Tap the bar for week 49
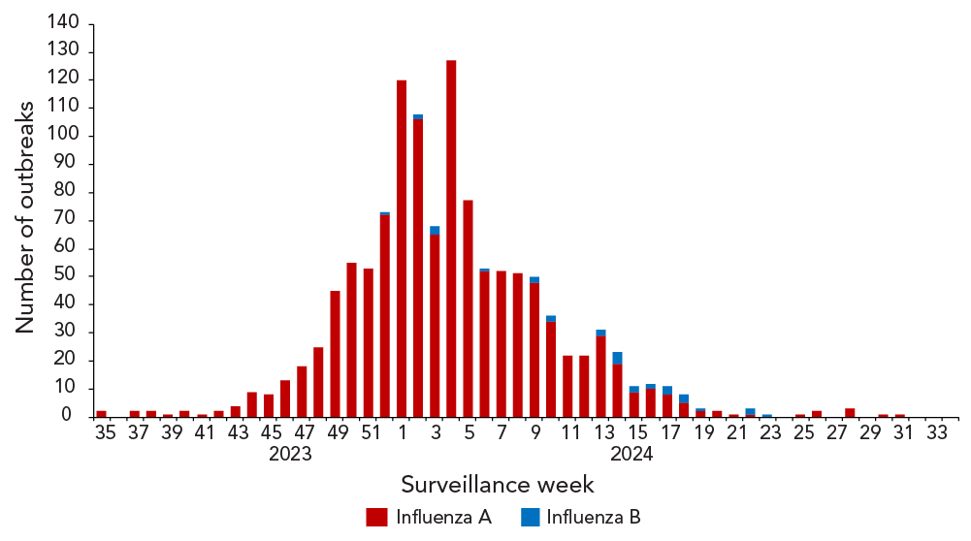click(335, 353)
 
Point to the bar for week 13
click(600, 374)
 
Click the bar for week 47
click(302, 392)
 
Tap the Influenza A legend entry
click(428, 517)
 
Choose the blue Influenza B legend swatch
click(530, 517)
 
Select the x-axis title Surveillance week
click(497, 484)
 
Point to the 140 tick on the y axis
click(59, 23)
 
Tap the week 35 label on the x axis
click(105, 433)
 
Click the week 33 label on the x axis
click(936, 433)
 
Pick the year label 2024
click(631, 453)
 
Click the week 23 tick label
click(770, 433)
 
